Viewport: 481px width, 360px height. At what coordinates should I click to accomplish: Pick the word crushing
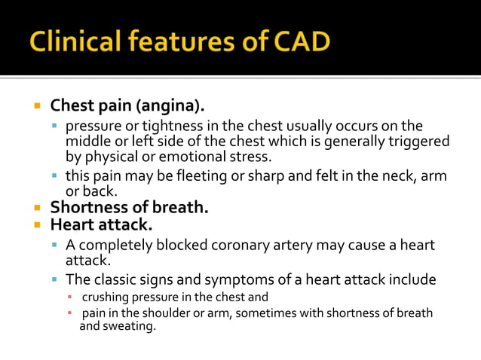106,297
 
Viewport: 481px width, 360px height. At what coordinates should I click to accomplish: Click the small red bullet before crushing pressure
69,297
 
